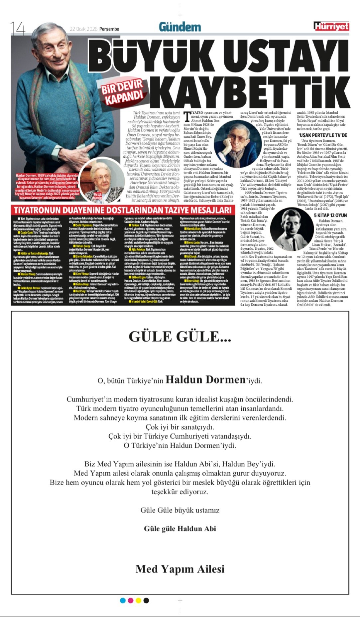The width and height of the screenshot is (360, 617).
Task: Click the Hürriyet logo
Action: (331, 26)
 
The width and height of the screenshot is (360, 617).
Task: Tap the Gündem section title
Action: (180, 27)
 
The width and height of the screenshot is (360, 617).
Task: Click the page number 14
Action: (18, 28)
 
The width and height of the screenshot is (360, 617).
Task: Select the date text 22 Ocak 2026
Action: (83, 29)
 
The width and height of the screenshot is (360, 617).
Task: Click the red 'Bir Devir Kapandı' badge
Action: (123, 91)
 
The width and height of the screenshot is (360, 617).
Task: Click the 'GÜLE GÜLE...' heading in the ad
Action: (180, 337)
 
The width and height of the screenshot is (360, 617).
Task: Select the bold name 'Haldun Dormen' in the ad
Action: (205, 380)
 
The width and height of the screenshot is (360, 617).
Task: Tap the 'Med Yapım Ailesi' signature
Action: (180, 569)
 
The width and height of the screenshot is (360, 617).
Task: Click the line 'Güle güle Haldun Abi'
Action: (180, 529)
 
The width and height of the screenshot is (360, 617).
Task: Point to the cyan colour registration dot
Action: (123, 600)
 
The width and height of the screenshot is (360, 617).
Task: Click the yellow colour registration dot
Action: (138, 600)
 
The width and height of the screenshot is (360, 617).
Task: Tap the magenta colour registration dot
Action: (131, 600)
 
